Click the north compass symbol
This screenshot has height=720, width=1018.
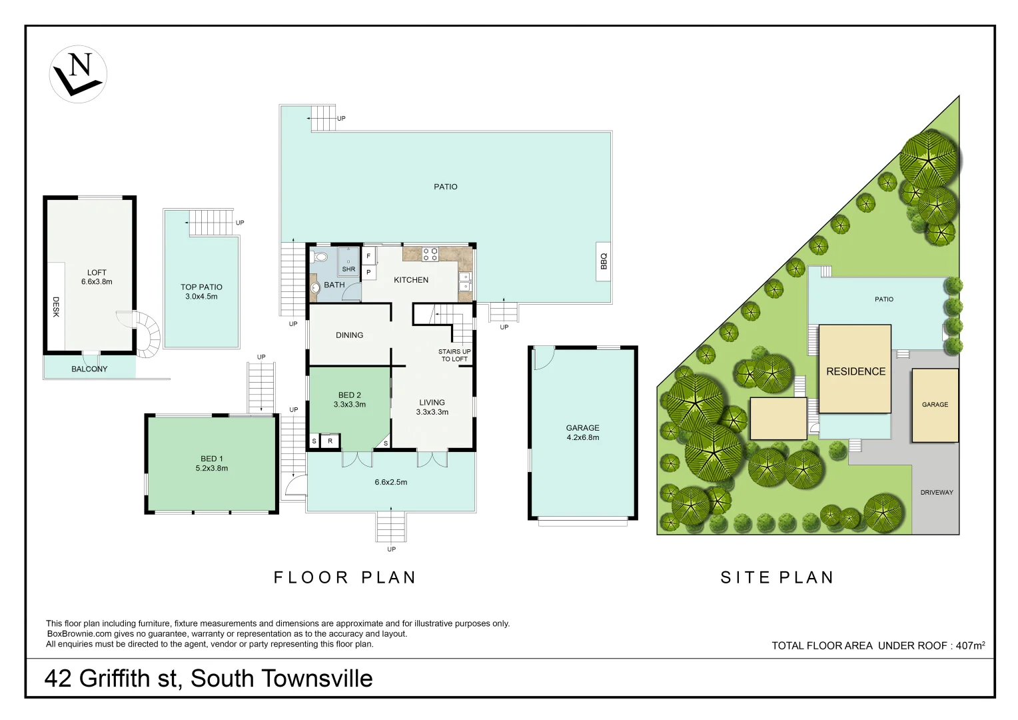78,74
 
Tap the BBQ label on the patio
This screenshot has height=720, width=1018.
604,261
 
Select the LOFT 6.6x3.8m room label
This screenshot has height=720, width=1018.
97,277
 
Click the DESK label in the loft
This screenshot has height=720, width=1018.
56,307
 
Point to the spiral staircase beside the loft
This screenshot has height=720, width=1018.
147,333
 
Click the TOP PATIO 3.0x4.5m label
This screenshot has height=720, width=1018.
201,291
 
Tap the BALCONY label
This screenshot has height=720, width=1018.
89,369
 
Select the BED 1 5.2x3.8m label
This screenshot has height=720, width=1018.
212,463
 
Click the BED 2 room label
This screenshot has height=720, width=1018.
349,399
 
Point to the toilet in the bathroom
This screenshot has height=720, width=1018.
321,256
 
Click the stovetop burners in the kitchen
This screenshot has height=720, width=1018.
430,253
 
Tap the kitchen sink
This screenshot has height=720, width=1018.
464,282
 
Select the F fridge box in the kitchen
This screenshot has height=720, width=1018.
368,256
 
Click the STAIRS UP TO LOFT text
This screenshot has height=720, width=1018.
454,355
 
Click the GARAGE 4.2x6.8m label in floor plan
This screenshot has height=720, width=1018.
582,433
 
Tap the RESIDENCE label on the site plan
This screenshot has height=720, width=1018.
855,371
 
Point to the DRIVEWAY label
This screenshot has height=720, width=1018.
936,492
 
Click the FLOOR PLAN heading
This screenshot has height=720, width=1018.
345,577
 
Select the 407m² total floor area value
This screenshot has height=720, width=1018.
970,645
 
